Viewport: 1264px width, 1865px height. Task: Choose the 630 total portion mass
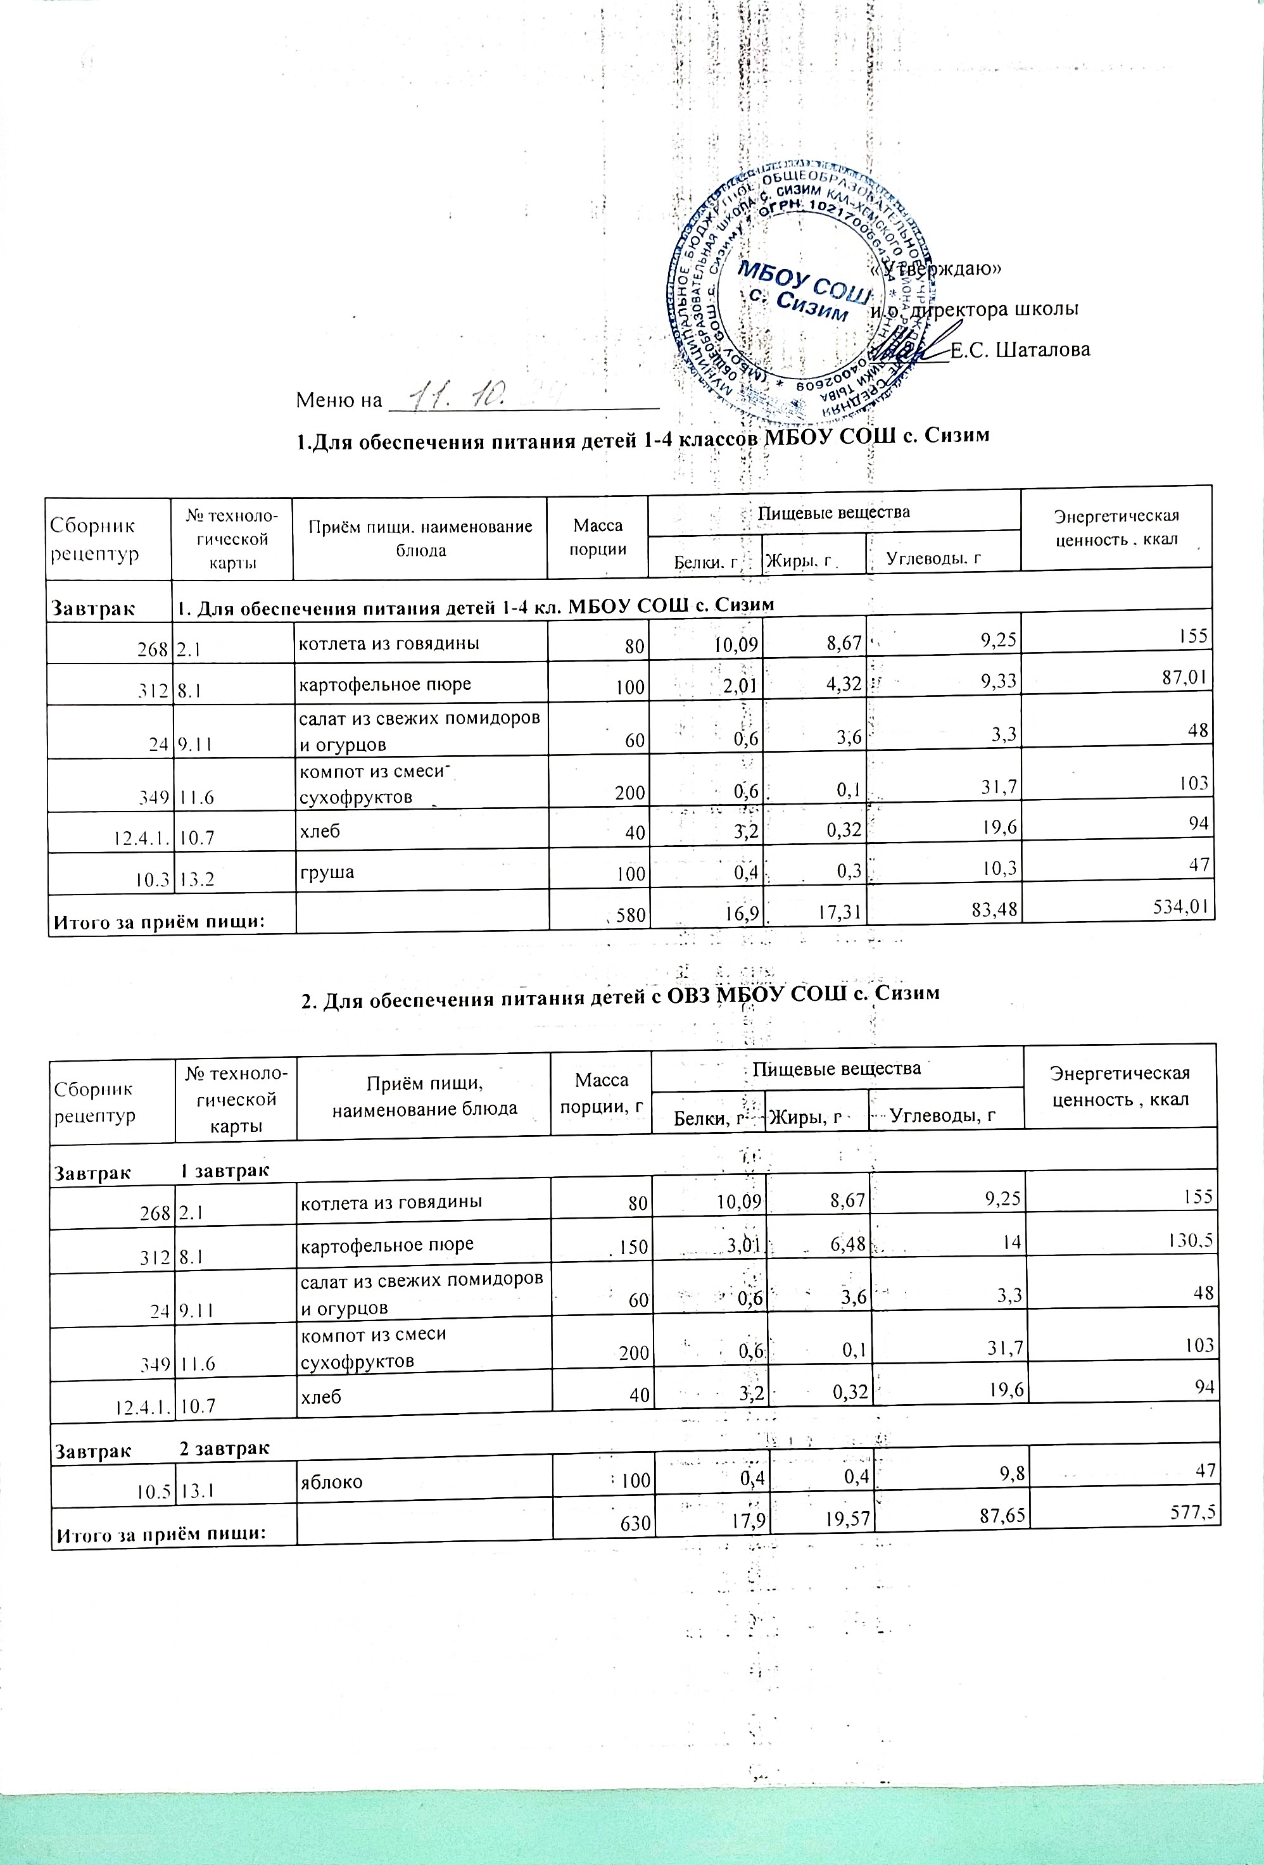tap(634, 1523)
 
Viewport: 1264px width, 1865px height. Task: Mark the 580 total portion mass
tap(630, 915)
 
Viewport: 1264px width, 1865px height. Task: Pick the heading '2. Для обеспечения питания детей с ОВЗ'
tap(619, 993)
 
